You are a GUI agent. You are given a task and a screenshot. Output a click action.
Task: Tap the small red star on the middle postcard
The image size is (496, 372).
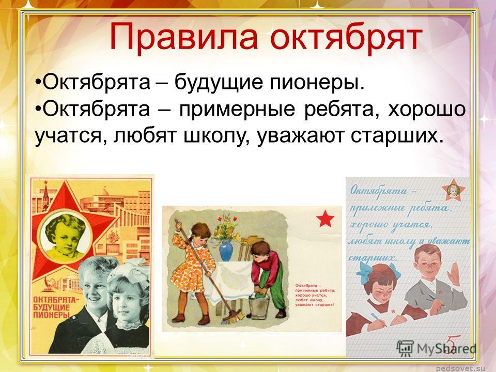click(x=326, y=221)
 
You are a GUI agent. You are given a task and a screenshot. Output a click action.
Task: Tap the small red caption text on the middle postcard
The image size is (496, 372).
click(x=315, y=295)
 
